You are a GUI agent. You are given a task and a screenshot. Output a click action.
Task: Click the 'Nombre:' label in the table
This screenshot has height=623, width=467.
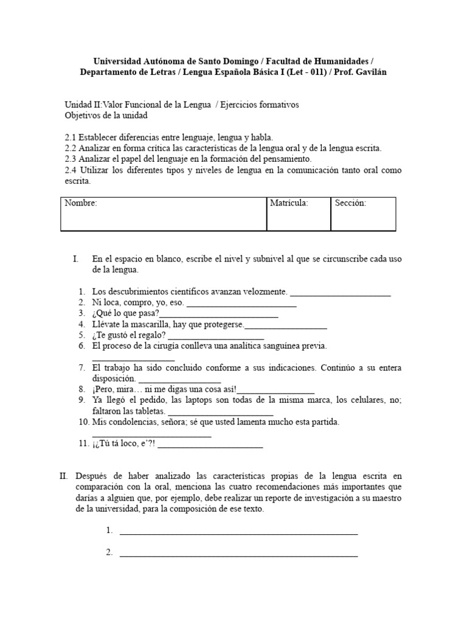[81, 203]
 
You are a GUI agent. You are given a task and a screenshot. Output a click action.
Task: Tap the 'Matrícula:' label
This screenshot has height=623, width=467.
[289, 203]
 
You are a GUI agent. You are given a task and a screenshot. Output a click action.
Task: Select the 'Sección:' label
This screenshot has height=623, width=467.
[350, 203]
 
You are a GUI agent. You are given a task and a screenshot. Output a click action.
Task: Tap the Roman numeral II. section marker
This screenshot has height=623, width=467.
[63, 476]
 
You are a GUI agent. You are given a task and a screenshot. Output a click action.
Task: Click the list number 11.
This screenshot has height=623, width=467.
[83, 444]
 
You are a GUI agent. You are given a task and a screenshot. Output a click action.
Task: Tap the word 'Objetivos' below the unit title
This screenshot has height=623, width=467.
[83, 115]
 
